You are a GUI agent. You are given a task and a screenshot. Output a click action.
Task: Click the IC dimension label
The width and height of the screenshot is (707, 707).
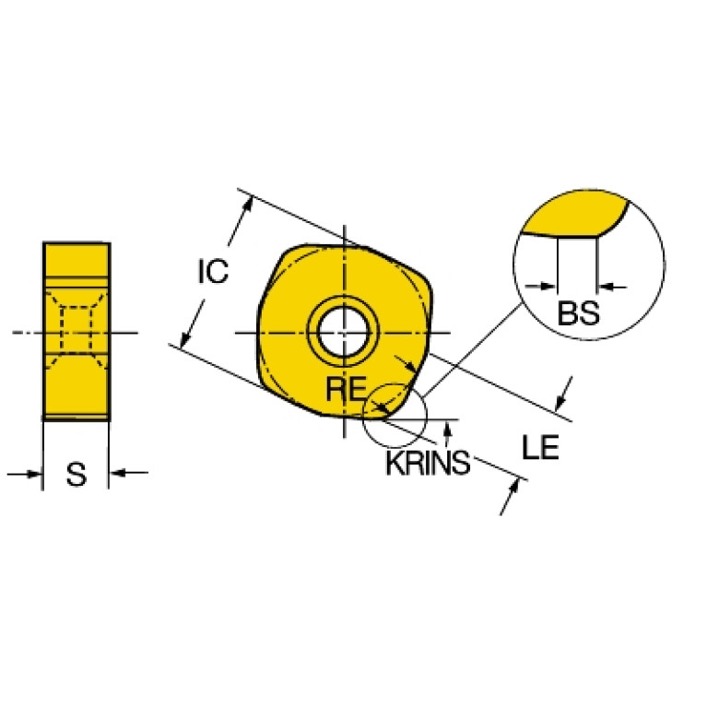coord(213,271)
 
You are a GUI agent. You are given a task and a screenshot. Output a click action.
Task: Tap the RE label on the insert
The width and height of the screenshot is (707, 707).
coord(346,389)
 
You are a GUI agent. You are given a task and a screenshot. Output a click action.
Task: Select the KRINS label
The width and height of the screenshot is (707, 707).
coord(428,463)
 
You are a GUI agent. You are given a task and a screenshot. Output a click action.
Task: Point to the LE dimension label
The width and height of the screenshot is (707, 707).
coord(540,447)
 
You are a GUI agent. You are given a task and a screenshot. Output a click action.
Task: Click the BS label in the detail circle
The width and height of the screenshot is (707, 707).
coord(579,312)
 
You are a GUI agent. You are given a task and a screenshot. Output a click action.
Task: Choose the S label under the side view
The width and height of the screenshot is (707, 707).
coord(77,475)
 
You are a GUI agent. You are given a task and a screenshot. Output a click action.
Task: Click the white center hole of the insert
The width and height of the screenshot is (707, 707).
coord(344,333)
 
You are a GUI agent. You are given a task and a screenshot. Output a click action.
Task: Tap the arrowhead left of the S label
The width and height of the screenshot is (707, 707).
coord(35,474)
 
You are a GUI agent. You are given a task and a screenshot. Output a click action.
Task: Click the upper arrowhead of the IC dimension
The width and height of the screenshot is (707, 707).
coord(248,205)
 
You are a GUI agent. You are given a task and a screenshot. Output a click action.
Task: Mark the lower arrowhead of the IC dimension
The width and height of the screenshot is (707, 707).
coord(185,340)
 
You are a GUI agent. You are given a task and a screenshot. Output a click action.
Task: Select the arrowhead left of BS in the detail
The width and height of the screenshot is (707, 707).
coord(548,286)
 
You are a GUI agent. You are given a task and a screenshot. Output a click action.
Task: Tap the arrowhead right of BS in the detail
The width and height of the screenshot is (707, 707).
coord(605,286)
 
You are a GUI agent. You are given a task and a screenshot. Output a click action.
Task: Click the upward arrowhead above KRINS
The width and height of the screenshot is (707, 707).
coord(447,428)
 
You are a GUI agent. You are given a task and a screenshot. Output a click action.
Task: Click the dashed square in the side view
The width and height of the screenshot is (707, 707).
coord(77,330)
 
